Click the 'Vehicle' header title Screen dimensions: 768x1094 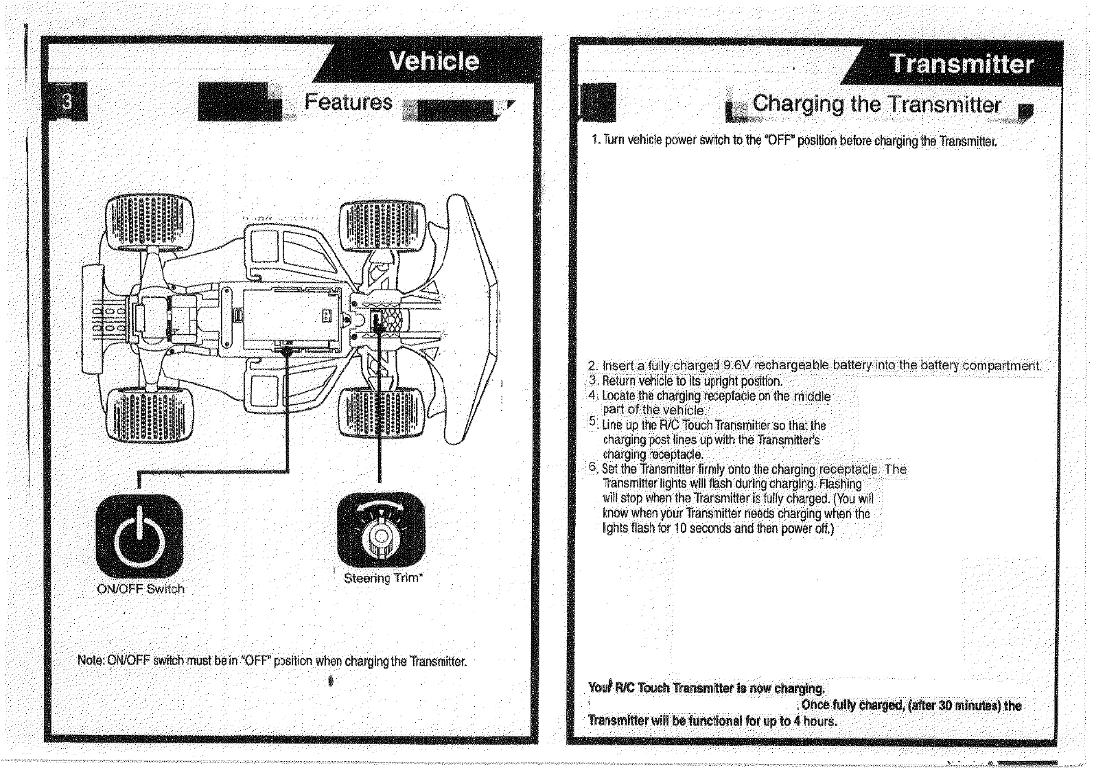click(434, 61)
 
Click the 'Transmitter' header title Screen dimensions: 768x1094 click(962, 64)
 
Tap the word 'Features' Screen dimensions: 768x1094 click(348, 103)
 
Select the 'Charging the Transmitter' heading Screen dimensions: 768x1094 click(876, 104)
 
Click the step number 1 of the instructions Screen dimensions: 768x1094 click(595, 142)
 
